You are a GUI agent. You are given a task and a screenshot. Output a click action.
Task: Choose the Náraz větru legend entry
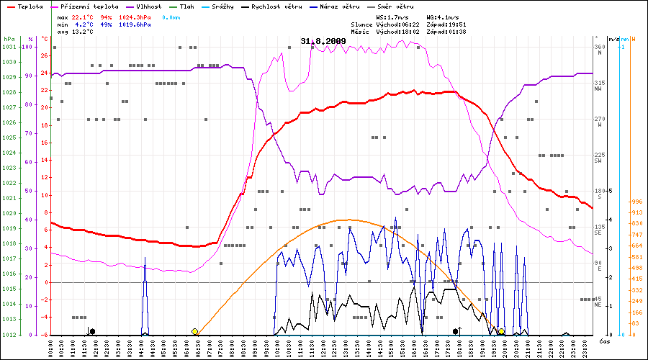pos(337,6)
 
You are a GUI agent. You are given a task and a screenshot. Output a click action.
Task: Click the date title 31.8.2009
pos(323,41)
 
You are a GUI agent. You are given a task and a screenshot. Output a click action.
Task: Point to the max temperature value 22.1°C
pos(82,17)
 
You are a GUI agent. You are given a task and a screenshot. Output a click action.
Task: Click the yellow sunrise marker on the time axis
pos(195,331)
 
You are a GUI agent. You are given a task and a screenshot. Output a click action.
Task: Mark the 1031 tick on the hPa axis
pos(9,47)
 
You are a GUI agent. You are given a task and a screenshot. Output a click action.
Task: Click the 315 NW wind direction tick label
pos(598,86)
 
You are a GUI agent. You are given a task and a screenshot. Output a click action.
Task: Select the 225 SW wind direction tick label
pos(598,158)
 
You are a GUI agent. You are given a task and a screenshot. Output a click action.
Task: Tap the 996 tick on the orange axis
pos(636,202)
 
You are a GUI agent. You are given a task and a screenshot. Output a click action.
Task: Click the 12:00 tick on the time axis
pos(324,347)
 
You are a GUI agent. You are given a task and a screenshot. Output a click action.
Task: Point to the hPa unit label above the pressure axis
pos(9,38)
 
